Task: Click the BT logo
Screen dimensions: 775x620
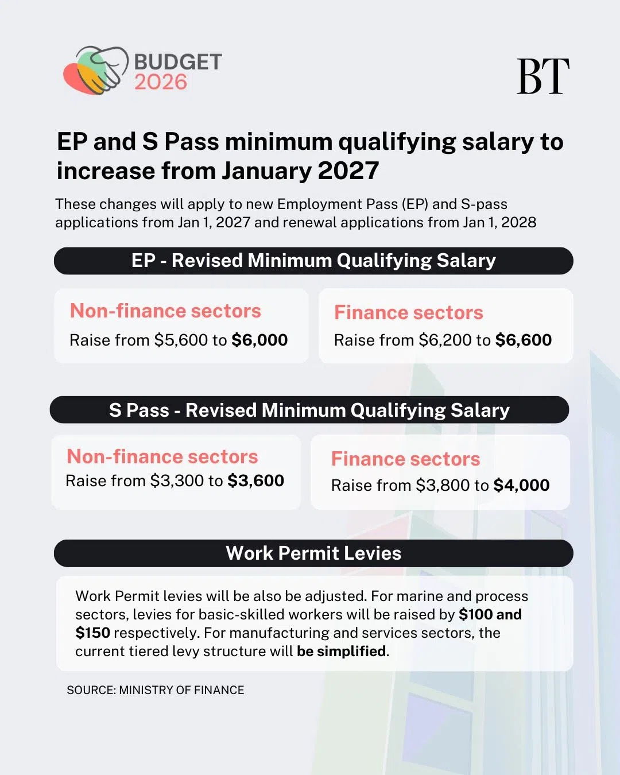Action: pyautogui.click(x=542, y=76)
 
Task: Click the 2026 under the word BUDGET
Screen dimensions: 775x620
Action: pyautogui.click(x=161, y=82)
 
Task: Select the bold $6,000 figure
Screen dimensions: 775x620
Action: pyautogui.click(x=259, y=340)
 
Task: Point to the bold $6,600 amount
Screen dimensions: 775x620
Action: pyautogui.click(x=523, y=340)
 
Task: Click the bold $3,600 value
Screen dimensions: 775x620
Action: pyautogui.click(x=255, y=480)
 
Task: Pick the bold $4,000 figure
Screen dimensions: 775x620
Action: pyautogui.click(x=521, y=485)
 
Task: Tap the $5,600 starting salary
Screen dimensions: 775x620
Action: pyautogui.click(x=181, y=340)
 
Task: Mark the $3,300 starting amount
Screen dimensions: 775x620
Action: pyautogui.click(x=177, y=480)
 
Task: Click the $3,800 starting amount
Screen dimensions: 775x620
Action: pyautogui.click(x=443, y=485)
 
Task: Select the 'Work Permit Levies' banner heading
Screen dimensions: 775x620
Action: pyautogui.click(x=313, y=553)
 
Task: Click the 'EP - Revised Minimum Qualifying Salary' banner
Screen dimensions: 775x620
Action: pyautogui.click(x=313, y=261)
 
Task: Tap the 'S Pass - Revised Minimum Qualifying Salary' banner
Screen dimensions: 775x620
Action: pyautogui.click(x=309, y=410)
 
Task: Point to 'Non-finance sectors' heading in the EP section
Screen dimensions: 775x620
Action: pyautogui.click(x=165, y=311)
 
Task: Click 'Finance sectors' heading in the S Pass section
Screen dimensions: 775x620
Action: pyautogui.click(x=405, y=459)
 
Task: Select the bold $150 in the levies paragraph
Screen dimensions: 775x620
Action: pyautogui.click(x=92, y=633)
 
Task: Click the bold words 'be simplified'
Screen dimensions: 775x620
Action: pyautogui.click(x=341, y=651)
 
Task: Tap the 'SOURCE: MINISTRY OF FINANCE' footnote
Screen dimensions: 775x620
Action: pyautogui.click(x=156, y=690)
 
